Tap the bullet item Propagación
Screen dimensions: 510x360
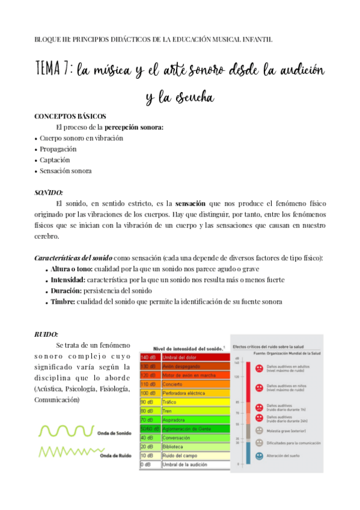(58, 149)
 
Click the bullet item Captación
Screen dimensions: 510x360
(55, 160)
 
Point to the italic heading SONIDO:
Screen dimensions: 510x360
(49, 192)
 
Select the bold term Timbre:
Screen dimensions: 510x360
(63, 301)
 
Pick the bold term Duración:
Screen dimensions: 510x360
(67, 290)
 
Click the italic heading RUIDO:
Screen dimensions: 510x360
(46, 333)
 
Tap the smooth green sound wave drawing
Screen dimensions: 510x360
(66, 431)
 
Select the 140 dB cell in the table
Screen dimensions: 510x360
(150, 357)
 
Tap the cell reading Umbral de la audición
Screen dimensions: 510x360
(188, 464)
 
